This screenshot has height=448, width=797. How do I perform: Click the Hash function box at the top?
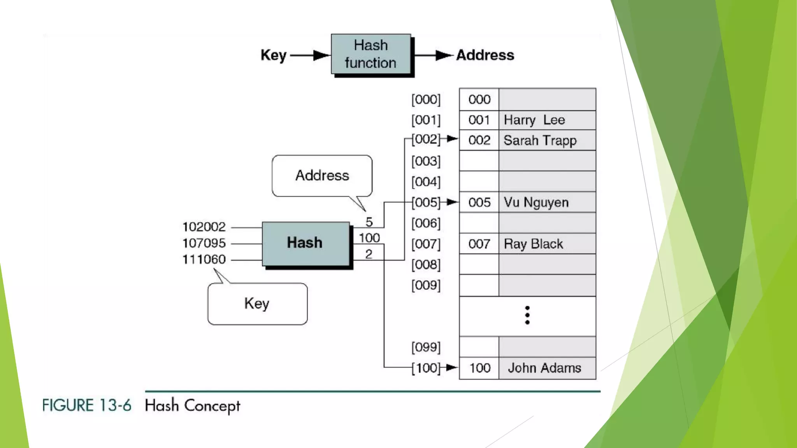pos(371,54)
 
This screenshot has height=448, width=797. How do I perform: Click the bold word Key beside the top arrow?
pos(273,55)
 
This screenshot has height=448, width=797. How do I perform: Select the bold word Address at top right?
pos(485,55)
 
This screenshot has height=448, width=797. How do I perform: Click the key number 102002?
pos(204,227)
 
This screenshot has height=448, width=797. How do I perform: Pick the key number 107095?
pos(204,243)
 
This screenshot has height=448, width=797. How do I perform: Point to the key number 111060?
pos(204,259)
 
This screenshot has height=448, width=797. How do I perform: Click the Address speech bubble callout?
pos(322,176)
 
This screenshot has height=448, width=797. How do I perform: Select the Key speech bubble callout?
pos(257,304)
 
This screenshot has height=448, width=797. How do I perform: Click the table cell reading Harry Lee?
pos(546,120)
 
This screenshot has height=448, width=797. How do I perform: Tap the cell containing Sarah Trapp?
pos(546,140)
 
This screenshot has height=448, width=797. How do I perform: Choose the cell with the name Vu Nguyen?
pos(546,203)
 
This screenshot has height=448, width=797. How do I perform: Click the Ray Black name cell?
pos(546,244)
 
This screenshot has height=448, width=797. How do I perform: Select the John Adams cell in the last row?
pos(546,368)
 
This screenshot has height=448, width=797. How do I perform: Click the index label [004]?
pos(426,182)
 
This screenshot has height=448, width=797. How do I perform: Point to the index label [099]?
pos(426,347)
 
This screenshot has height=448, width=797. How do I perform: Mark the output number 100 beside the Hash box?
pos(369,238)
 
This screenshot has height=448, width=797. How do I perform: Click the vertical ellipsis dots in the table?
pos(527,315)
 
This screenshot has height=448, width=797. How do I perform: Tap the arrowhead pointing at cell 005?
pos(452,202)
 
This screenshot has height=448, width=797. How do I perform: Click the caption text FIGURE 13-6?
pos(86,406)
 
